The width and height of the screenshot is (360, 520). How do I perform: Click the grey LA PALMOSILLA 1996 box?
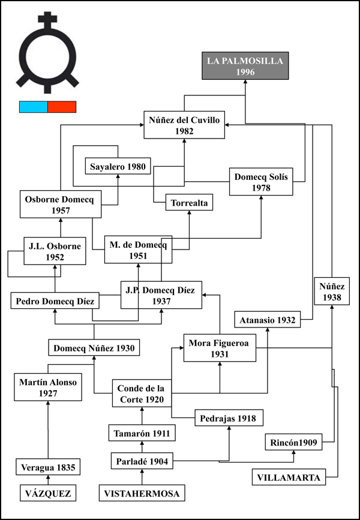[x=245, y=65]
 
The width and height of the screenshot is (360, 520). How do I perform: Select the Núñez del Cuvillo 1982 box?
[x=184, y=125]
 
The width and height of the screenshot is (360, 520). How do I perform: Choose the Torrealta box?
[x=189, y=202]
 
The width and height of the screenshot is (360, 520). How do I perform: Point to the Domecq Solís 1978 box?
[x=261, y=181]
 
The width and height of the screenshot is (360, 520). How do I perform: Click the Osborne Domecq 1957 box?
[x=61, y=204]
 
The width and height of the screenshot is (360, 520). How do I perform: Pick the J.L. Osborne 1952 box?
[x=55, y=251]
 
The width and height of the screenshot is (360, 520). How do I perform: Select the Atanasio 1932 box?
[x=268, y=319]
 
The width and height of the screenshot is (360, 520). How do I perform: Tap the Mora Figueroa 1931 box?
[x=220, y=348]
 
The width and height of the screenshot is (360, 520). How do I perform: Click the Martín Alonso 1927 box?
[x=48, y=387]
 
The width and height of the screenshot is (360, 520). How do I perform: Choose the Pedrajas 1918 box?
[x=229, y=418]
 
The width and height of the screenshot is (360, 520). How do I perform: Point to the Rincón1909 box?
[x=293, y=442]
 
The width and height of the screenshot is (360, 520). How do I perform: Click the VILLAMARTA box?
[x=289, y=477]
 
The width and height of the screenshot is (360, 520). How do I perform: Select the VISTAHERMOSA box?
[x=142, y=493]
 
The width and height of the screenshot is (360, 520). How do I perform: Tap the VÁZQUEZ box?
[x=48, y=493]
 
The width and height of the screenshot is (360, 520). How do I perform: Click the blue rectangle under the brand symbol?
[x=34, y=107]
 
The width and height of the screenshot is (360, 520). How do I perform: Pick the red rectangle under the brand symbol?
[x=62, y=107]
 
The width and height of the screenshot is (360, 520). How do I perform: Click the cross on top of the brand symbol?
[x=47, y=19]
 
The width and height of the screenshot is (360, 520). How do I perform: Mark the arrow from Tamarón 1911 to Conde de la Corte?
[x=142, y=416]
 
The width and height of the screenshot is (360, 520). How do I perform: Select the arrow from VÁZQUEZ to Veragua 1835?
[x=48, y=480]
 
